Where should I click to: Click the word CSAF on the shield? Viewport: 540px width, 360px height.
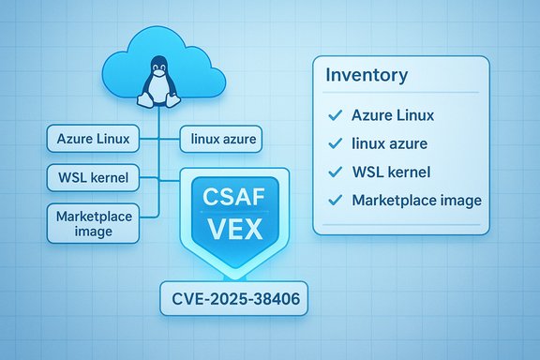coord(230,198)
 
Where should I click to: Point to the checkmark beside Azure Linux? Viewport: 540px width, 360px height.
coord(332,116)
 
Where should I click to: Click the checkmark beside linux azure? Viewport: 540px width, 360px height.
coord(332,143)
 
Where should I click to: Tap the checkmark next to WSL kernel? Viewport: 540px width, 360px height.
coord(332,172)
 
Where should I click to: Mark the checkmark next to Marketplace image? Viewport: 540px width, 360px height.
coord(332,200)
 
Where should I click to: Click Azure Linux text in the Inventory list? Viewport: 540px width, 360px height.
coord(393,116)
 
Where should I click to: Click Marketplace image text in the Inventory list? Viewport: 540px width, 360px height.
coord(416,200)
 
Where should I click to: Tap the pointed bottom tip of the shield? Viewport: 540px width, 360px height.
coord(230,277)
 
